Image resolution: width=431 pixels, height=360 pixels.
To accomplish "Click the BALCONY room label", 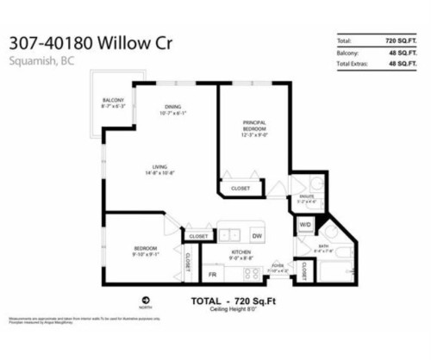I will [x=113, y=104].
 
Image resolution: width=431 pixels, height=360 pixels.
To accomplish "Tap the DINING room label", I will [x=172, y=109].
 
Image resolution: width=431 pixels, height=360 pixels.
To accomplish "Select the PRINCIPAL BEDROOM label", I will [x=253, y=129].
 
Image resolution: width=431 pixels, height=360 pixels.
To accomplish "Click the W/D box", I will [x=304, y=226].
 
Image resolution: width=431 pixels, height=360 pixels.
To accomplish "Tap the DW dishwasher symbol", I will [x=257, y=235].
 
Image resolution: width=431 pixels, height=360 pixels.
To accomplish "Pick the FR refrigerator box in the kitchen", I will [x=211, y=274].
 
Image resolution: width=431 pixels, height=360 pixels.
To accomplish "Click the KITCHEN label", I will [x=240, y=255].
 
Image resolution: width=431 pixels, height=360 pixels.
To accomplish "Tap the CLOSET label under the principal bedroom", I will [x=240, y=189].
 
